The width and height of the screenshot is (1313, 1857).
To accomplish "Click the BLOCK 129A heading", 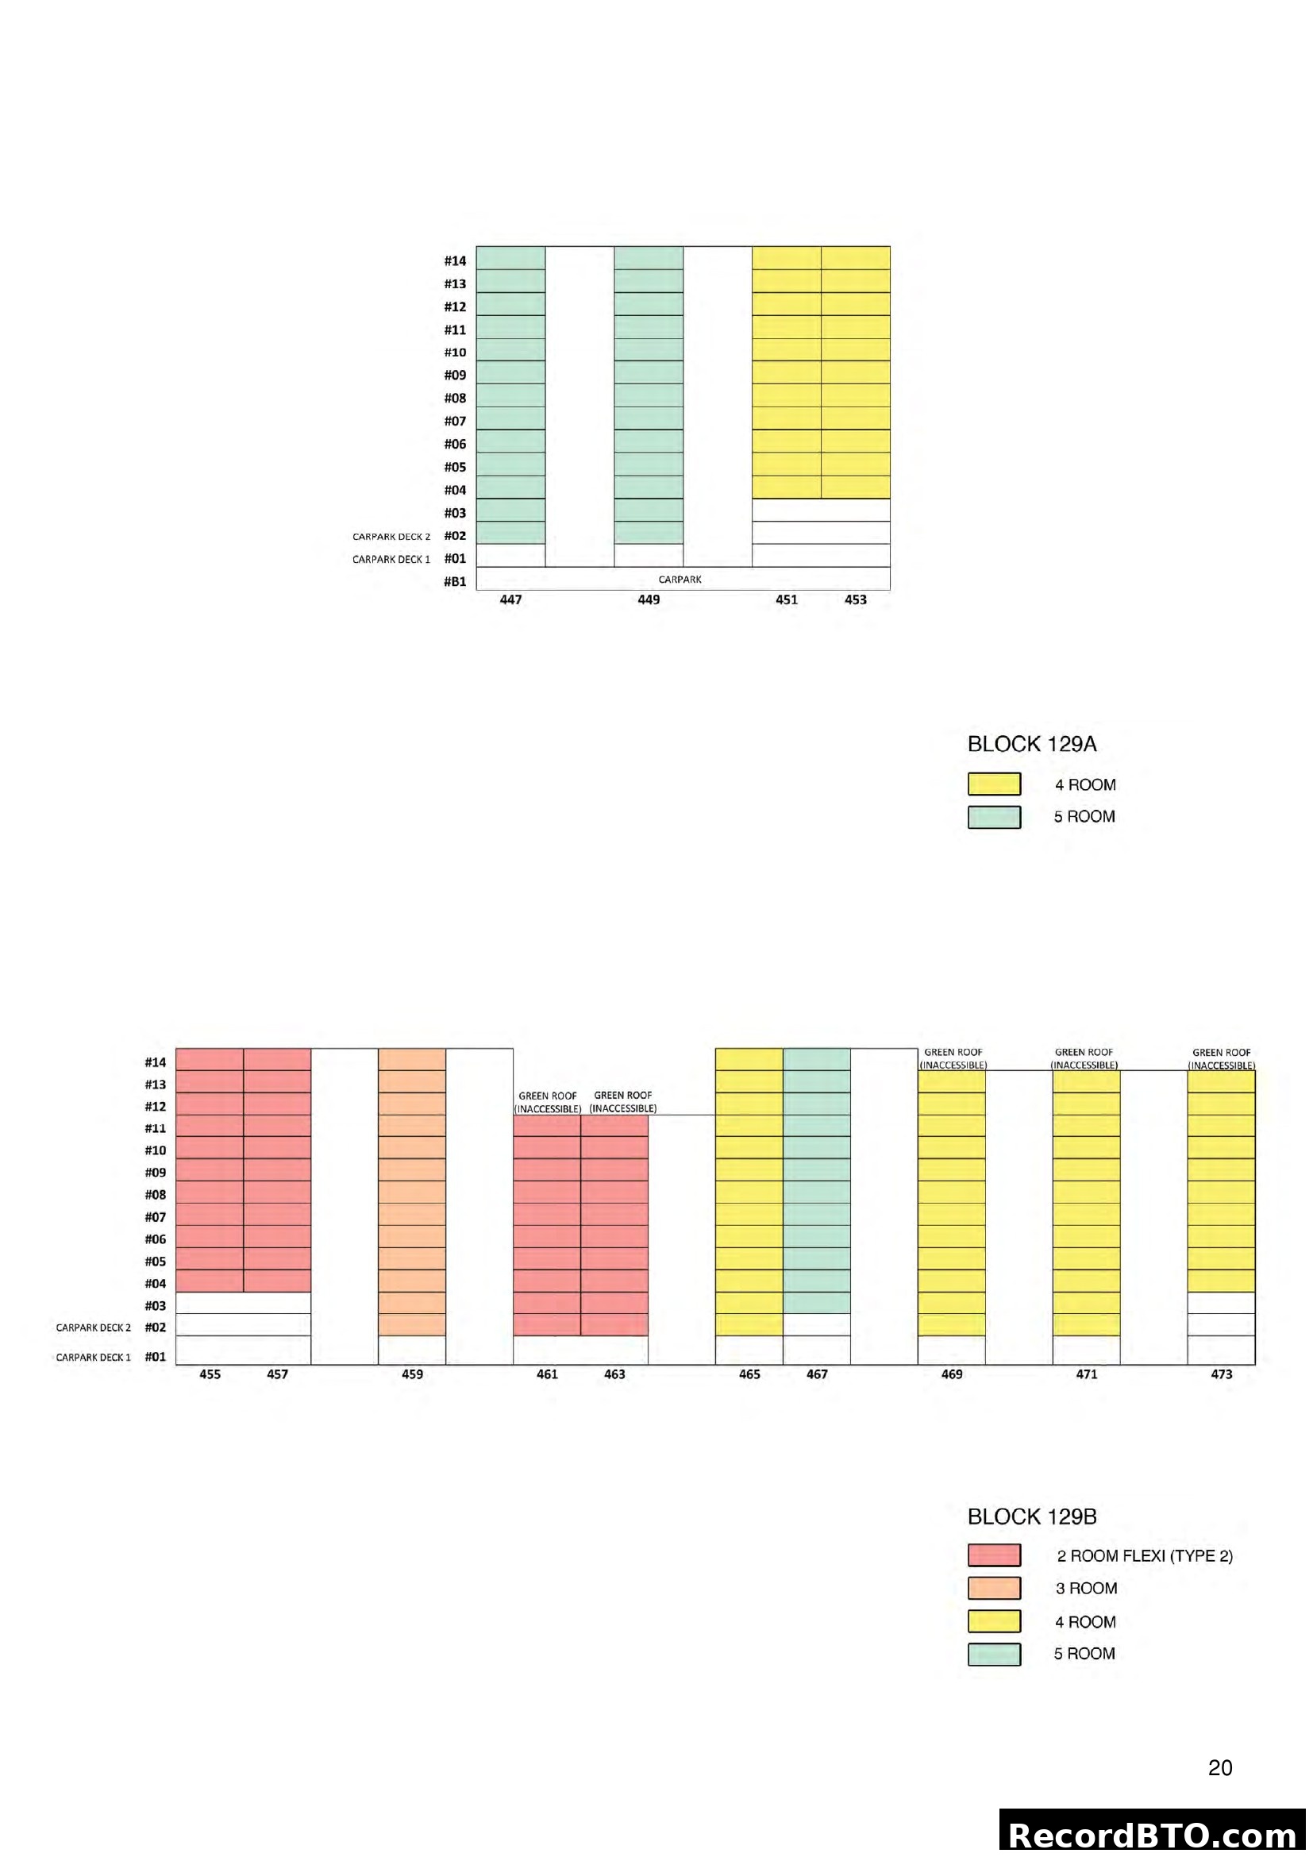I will pos(1032,744).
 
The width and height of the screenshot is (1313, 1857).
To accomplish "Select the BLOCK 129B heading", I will pos(1032,1516).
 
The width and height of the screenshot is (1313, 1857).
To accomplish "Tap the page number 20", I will pos(1220,1768).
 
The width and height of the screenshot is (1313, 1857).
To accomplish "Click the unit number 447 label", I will pos(511,599).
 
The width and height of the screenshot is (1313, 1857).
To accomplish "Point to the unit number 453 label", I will pos(856,599).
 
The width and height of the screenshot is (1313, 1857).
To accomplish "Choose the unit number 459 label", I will pos(412,1374).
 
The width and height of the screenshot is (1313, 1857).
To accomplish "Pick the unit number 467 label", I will pos(817,1374).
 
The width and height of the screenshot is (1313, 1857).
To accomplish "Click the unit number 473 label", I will pos(1222,1374).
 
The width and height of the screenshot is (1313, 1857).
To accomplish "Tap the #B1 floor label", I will pos(455,581).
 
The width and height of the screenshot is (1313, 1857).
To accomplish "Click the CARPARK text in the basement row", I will pos(680,579).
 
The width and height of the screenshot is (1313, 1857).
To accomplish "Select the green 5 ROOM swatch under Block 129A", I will pos(994,817).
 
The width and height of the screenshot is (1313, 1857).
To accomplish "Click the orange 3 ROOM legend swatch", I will pos(994,1589).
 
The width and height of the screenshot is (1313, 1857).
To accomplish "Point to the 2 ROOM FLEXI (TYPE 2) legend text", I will pos(1145,1556).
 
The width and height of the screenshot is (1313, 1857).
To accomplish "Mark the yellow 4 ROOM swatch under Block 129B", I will pos(994,1622).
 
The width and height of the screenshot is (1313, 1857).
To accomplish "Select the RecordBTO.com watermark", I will pos(1153,1834).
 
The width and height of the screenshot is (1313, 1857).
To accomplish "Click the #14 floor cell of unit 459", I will pos(412,1060).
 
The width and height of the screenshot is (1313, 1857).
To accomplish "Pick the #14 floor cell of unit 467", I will pos(817,1060).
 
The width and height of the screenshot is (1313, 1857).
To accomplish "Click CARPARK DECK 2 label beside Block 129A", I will pos(391,536).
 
